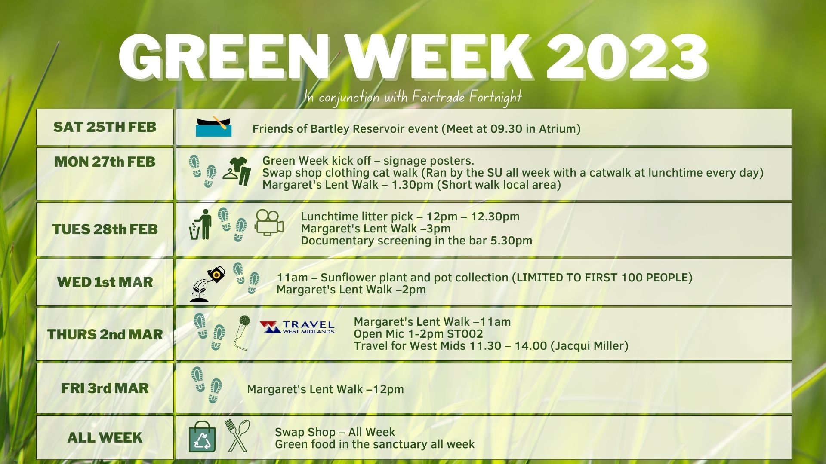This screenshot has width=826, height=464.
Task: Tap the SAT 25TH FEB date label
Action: (105, 127)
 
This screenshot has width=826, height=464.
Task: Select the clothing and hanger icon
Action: (237, 171)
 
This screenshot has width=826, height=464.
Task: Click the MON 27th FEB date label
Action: (105, 162)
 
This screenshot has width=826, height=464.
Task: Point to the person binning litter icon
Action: (200, 224)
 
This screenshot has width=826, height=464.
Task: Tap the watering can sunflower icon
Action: (207, 284)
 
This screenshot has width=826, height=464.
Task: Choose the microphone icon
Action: (242, 333)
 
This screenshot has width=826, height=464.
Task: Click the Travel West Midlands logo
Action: (297, 327)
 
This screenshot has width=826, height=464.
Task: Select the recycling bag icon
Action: (202, 436)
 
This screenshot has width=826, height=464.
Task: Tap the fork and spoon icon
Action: (237, 436)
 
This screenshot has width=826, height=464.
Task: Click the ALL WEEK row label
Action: (105, 437)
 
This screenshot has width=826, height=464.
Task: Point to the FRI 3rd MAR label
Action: (105, 388)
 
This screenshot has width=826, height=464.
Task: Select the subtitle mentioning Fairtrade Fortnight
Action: (413, 97)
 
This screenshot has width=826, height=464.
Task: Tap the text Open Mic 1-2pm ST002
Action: (418, 334)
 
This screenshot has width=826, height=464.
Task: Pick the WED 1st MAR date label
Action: (105, 282)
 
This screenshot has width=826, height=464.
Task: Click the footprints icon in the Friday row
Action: (206, 385)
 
